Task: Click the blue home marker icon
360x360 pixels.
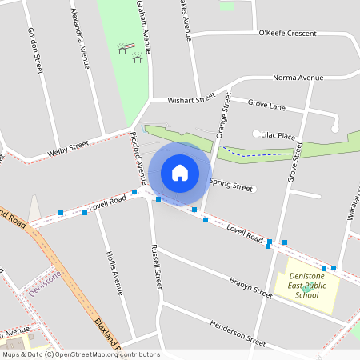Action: [180, 172]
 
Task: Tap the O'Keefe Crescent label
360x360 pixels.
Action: [288, 33]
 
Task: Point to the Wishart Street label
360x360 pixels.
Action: [191, 99]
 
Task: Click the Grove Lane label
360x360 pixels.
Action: [266, 105]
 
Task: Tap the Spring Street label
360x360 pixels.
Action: [230, 185]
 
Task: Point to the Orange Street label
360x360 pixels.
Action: [223, 116]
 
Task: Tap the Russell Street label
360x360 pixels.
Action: [156, 267]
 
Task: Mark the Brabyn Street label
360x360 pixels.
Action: [250, 287]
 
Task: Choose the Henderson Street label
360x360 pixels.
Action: [237, 332]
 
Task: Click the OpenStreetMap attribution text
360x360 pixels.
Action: [80, 354]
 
